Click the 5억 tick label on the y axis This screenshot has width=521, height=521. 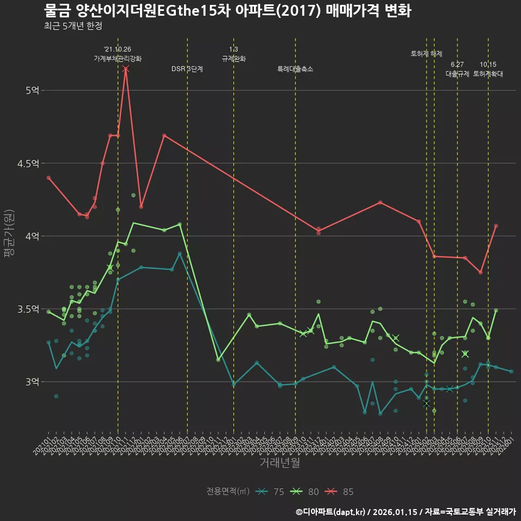[x=32, y=90]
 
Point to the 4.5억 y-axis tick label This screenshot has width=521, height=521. [x=29, y=163]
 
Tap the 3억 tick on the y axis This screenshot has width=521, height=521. [x=32, y=382]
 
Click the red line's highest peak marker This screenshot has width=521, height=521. [x=125, y=69]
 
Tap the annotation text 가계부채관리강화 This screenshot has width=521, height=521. [x=118, y=59]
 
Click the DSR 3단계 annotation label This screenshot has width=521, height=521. [x=187, y=69]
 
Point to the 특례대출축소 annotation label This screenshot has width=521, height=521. [x=295, y=69]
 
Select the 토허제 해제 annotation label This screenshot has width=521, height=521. [x=427, y=54]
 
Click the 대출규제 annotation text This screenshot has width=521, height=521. [x=457, y=74]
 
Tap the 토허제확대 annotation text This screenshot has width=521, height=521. [x=488, y=74]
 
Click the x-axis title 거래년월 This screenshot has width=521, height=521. [x=279, y=463]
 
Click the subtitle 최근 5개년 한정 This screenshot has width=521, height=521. [x=73, y=26]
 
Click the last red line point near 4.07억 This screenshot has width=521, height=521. [x=496, y=226]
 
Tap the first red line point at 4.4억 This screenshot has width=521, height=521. [x=48, y=177]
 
